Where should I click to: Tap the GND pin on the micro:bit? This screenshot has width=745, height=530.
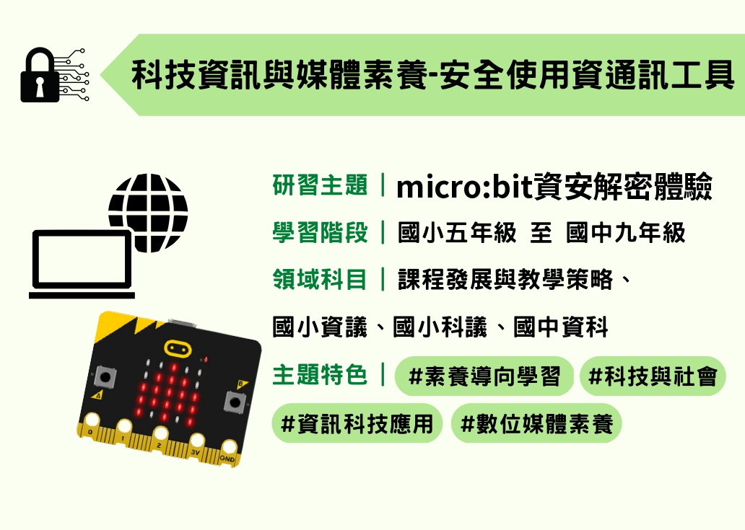229,451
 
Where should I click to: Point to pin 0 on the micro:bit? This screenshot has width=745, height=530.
91,424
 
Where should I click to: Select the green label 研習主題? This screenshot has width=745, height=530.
320,185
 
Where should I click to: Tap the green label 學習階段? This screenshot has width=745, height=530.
320,232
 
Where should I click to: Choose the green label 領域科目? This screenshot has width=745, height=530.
320,280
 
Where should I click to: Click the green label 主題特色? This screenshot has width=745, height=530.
320,375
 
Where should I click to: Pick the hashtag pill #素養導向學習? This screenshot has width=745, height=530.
484,376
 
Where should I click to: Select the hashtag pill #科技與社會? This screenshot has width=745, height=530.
653,376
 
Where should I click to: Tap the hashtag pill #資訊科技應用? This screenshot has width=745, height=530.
357,423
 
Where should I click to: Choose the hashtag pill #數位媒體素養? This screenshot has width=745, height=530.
536,423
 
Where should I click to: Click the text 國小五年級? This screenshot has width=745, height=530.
456,233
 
